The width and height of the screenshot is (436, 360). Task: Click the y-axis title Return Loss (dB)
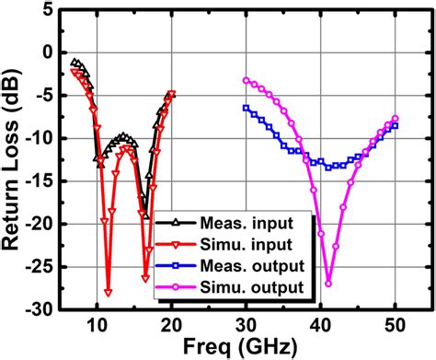coord(16,157)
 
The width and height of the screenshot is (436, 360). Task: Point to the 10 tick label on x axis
coord(96,323)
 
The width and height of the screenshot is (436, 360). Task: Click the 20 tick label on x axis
coord(171,323)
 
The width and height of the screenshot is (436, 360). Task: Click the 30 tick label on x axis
coord(246,323)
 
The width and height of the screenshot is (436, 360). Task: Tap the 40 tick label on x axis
coord(321,323)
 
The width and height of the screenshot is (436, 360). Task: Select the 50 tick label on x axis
coord(396,323)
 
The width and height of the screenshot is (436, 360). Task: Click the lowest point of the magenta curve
coord(328,283)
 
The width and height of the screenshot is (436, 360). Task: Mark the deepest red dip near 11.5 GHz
coord(108,292)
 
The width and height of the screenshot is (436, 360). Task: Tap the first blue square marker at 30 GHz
coord(246,108)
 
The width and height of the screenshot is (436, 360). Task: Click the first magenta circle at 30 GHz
coord(246,80)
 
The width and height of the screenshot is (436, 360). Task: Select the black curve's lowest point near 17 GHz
coord(145,216)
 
